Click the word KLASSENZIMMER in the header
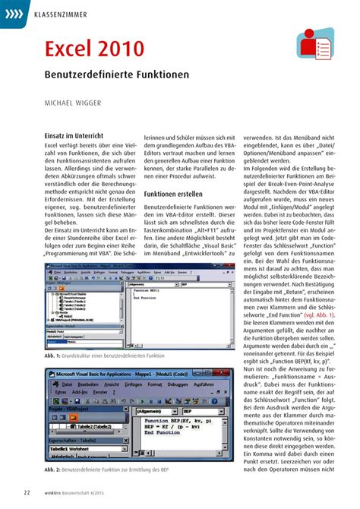coord(60,15)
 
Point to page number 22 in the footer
coord(27,493)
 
